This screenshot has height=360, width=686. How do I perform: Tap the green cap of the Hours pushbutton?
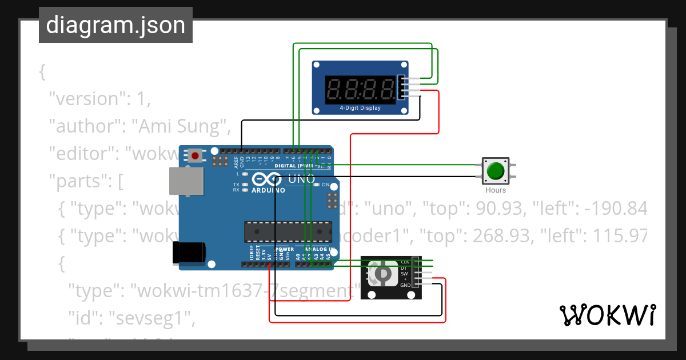pyautogui.click(x=495, y=170)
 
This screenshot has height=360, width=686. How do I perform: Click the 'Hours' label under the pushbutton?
pyautogui.click(x=496, y=190)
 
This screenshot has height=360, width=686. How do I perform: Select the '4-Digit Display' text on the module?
pyautogui.click(x=360, y=107)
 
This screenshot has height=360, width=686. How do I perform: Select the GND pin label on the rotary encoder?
pyautogui.click(x=405, y=285)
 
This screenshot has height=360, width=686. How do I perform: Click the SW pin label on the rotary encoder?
pyautogui.click(x=404, y=274)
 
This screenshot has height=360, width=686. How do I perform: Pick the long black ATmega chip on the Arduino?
pyautogui.click(x=288, y=231)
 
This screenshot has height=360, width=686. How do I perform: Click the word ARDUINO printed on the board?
pyautogui.click(x=268, y=190)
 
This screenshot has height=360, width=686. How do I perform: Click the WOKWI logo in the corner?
pyautogui.click(x=607, y=315)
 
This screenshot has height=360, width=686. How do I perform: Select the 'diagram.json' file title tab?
pyautogui.click(x=115, y=25)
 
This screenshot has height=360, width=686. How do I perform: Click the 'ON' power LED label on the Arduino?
pyautogui.click(x=326, y=185)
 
